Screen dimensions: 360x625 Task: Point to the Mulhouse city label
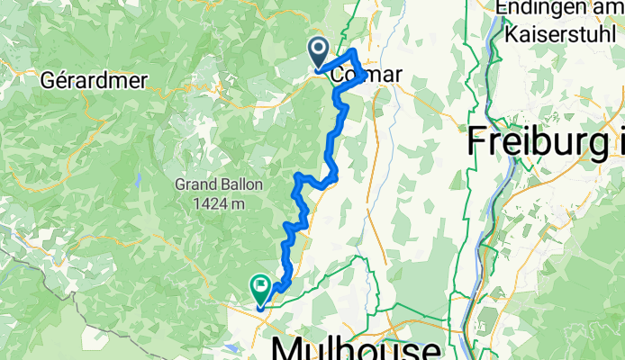356,346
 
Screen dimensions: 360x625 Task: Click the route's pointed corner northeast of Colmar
354,53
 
